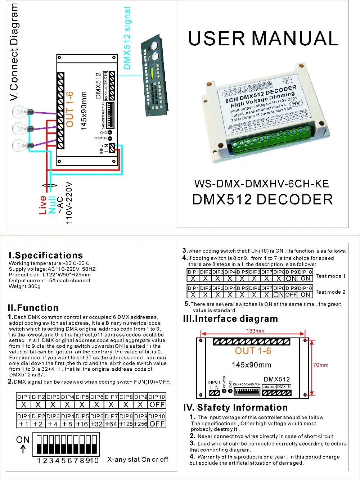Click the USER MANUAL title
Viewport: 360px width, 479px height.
coord(263,39)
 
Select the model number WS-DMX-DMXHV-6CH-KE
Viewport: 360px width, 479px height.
coord(262,184)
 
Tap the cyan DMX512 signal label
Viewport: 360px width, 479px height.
coord(127,38)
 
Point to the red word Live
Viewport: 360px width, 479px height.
coord(42,205)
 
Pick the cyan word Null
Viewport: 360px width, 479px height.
coord(52,205)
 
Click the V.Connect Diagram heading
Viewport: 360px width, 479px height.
coord(14,52)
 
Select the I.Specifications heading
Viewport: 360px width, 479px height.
coord(46,256)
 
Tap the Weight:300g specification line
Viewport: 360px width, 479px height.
coord(24,286)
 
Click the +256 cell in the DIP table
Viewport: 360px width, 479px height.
coord(140,424)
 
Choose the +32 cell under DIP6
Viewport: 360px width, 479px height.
coord(96,424)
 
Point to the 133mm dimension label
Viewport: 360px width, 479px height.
coord(255,331)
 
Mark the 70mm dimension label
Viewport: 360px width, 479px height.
coord(320,365)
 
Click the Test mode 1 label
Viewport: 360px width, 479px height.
coord(330,276)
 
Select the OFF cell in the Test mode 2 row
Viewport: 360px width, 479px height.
coord(291,294)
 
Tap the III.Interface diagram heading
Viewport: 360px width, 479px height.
coord(230,319)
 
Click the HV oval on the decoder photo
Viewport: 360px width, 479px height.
coord(296,104)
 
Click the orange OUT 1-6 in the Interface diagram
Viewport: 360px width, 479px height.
coord(253,351)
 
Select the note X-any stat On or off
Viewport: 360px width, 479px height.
coord(138,460)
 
